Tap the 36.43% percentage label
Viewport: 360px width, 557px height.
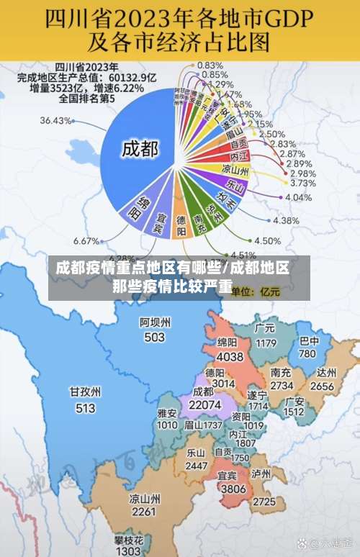tap(56, 120)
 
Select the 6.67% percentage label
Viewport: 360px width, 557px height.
tap(86, 240)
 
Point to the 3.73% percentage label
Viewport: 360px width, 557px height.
tap(302, 184)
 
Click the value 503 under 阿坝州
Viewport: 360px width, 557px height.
tap(155, 337)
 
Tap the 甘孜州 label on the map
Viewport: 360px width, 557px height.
tap(84, 392)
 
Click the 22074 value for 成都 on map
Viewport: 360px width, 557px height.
tap(204, 406)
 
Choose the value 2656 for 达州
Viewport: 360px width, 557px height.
tap(322, 386)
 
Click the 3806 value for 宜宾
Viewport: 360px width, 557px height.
tap(232, 488)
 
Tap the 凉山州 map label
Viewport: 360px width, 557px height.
tap(144, 498)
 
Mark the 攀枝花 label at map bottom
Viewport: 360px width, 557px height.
tap(128, 540)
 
